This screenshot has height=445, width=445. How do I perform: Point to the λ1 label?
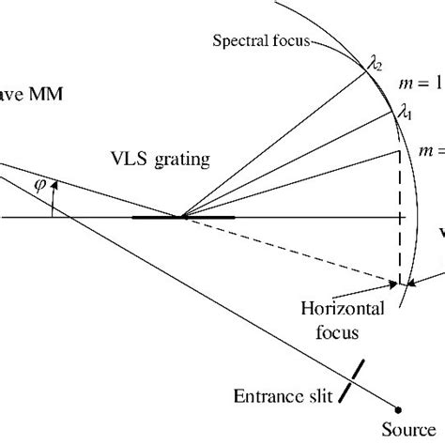405,114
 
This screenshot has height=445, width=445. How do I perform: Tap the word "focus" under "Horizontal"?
336,330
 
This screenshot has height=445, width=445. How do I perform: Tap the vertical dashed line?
401,216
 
